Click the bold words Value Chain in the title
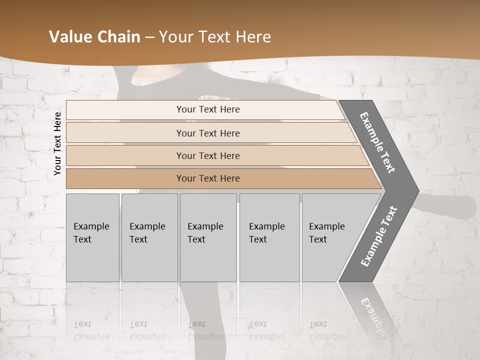coord(94,37)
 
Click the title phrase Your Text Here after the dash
coord(215,37)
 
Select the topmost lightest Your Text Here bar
coord(207,109)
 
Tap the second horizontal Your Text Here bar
coord(207,133)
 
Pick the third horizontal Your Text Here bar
coord(207,155)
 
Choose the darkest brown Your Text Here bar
coord(207,178)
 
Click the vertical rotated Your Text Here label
coord(57,143)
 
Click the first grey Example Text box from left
coord(92,237)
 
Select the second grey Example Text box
coord(149,237)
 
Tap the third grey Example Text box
coord(208,237)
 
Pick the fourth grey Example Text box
coord(269,237)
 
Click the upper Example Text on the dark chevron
coord(377,142)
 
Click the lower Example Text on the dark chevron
coord(379,236)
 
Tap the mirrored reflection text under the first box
coord(91,330)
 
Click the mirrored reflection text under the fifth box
coord(327,330)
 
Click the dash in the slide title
coord(149,37)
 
